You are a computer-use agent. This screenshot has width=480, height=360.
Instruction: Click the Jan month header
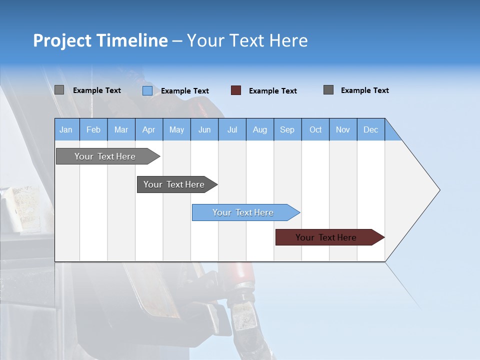[66, 129]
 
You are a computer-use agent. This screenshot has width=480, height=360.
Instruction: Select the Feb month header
[93, 129]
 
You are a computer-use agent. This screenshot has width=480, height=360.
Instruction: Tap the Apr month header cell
[149, 129]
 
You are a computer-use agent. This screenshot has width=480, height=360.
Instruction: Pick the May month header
[176, 129]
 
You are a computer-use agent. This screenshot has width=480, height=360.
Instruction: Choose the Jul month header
[232, 129]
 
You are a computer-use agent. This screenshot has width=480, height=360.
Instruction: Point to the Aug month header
[260, 129]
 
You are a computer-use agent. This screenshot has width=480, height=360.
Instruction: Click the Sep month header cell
[287, 129]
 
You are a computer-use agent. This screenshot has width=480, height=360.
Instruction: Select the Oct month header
[315, 129]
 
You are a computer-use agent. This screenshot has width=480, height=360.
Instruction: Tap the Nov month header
[343, 129]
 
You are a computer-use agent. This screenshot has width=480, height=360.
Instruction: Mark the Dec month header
[371, 129]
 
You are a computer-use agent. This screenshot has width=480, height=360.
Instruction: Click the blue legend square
[147, 90]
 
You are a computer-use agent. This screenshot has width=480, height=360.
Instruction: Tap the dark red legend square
[236, 90]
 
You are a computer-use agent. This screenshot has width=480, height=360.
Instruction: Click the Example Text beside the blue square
[185, 91]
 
